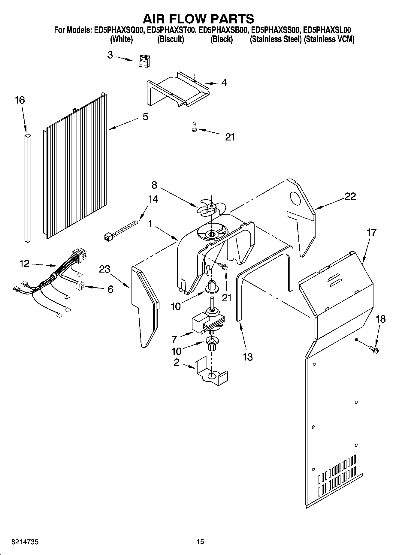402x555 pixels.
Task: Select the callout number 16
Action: click(20, 100)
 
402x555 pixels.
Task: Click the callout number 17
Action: click(371, 232)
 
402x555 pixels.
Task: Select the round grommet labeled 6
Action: click(80, 286)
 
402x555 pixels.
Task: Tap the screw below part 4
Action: click(194, 127)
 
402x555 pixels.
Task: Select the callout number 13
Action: click(247, 357)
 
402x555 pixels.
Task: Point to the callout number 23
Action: click(104, 269)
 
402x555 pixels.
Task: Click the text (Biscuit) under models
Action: click(171, 39)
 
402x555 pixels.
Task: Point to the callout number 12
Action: click(24, 264)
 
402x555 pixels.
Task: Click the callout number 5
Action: click(145, 116)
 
